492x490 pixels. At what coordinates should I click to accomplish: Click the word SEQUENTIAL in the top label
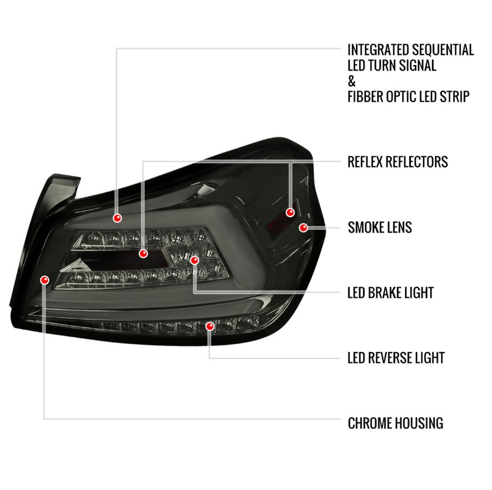[442, 50]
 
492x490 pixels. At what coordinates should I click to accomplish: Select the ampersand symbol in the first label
[352, 81]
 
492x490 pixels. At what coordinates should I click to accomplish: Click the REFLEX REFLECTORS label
[398, 162]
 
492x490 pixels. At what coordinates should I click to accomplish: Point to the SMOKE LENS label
[379, 227]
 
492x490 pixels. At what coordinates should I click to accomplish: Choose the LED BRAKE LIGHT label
[391, 293]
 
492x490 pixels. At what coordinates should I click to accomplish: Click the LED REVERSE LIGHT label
[396, 358]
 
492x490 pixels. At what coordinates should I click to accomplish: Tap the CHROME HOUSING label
[395, 423]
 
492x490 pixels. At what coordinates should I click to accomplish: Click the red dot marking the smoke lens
[304, 227]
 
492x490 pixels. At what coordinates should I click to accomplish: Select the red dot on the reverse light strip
[210, 326]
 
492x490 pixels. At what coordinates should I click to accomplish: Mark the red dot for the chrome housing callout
[45, 280]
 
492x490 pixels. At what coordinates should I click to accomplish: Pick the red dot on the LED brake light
[195, 260]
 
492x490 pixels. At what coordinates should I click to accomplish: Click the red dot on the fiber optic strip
[117, 218]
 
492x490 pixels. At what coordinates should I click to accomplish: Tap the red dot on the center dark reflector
[144, 254]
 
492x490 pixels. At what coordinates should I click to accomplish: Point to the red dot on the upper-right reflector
[290, 212]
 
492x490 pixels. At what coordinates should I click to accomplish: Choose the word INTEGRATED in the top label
[378, 50]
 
